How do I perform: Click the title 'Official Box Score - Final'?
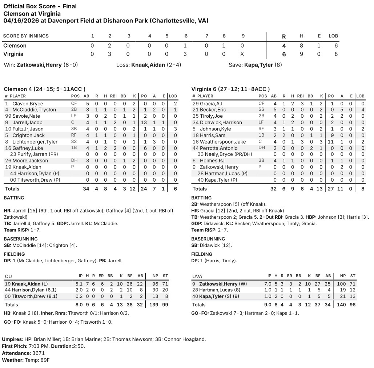pyautogui.click(x=40, y=6)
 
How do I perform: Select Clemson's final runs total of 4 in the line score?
pyautogui.click(x=284, y=46)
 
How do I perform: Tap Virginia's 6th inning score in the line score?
pyautogui.click(x=186, y=54)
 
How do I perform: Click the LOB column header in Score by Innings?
pyautogui.click(x=333, y=36)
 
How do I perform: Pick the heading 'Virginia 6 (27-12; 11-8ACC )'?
pyautogui.click(x=230, y=89)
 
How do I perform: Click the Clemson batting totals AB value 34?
pyautogui.click(x=86, y=189)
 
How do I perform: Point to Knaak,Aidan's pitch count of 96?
pyautogui.click(x=154, y=284)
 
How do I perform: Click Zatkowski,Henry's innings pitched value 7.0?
pyautogui.click(x=269, y=284)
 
